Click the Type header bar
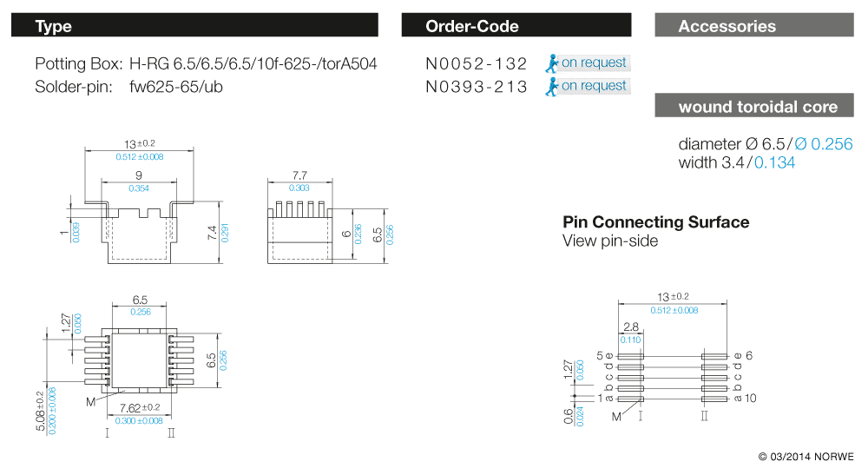pyautogui.click(x=194, y=26)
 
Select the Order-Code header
pyautogui.click(x=518, y=26)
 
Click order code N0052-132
pyautogui.click(x=477, y=63)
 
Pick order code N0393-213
pyautogui.click(x=477, y=87)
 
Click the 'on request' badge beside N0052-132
pyautogui.click(x=588, y=63)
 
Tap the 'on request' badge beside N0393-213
pyautogui.click(x=588, y=86)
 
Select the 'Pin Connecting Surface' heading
pyautogui.click(x=655, y=222)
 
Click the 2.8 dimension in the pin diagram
pyautogui.click(x=630, y=327)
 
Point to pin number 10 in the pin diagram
pyautogui.click(x=751, y=399)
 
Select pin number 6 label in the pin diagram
pyautogui.click(x=749, y=355)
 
